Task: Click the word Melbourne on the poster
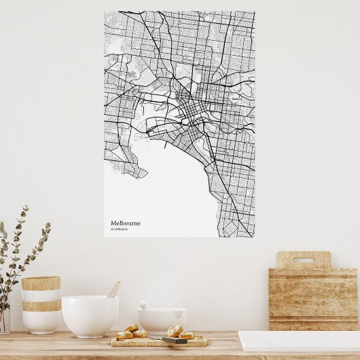[x=126, y=223]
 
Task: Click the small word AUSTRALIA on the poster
[x=120, y=229]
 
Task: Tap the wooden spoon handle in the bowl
[x=113, y=289]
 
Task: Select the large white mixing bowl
[x=90, y=315]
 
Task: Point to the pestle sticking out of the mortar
[x=145, y=305]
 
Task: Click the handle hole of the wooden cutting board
[x=303, y=259]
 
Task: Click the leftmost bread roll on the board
[x=124, y=335]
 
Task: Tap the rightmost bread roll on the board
[x=186, y=335]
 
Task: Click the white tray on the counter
[x=299, y=341]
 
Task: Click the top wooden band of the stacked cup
[x=41, y=283]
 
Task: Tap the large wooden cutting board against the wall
[x=313, y=295]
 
